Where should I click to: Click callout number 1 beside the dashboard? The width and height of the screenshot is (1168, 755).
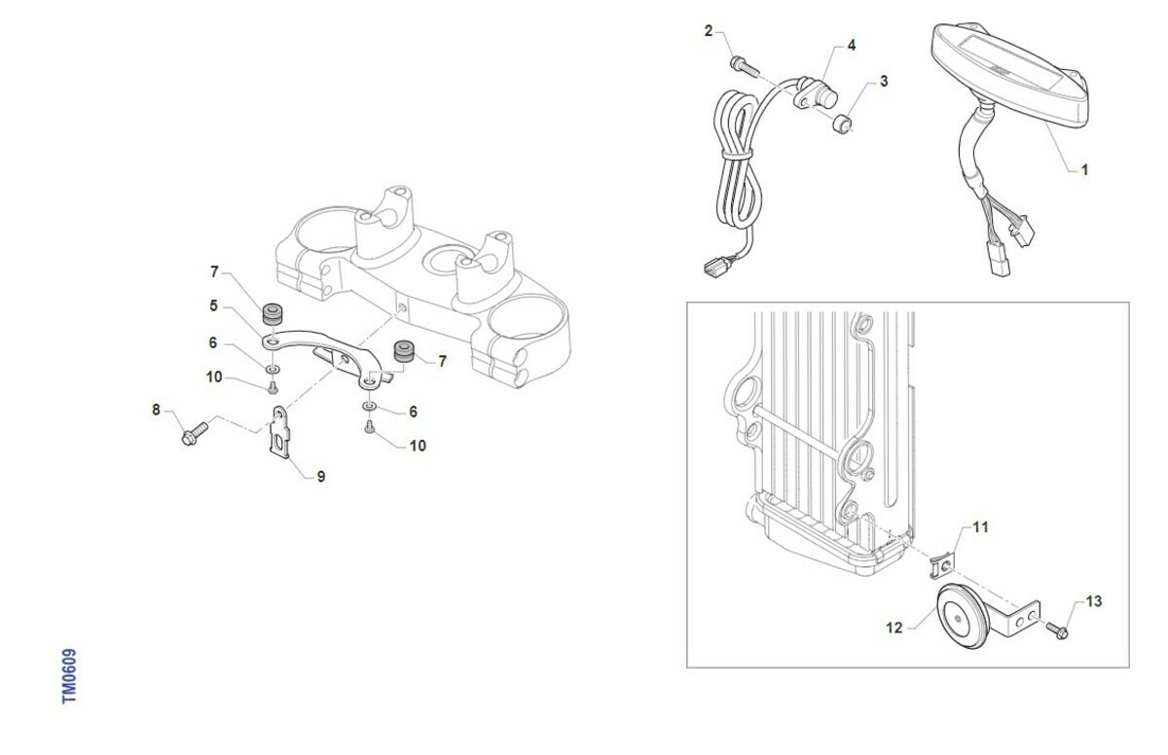(x=1084, y=169)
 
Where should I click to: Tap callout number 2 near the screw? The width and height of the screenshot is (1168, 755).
(x=709, y=31)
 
